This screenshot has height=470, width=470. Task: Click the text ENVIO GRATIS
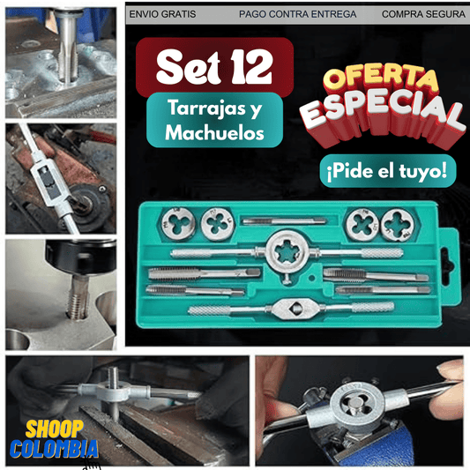(x=162, y=14)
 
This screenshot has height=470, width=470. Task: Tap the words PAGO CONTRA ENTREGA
(x=297, y=14)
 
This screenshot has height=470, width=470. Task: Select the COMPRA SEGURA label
(x=423, y=14)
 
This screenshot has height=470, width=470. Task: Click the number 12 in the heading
(x=251, y=66)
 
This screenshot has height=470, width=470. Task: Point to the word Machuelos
(x=214, y=132)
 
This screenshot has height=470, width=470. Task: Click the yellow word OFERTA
(x=380, y=78)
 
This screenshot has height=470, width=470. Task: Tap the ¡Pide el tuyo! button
(x=387, y=171)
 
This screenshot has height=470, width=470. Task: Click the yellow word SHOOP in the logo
(x=55, y=429)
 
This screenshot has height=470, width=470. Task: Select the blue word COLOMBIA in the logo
(x=54, y=449)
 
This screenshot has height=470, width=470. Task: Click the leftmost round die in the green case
(x=178, y=224)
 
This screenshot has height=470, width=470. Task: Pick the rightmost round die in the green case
(x=397, y=225)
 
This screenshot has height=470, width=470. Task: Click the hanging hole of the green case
(x=446, y=262)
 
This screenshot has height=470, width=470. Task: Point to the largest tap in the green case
(x=205, y=273)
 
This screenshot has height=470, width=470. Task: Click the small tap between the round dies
(x=284, y=221)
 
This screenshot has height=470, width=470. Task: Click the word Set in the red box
(x=188, y=66)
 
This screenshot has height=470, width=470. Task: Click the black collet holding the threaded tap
(x=81, y=258)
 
